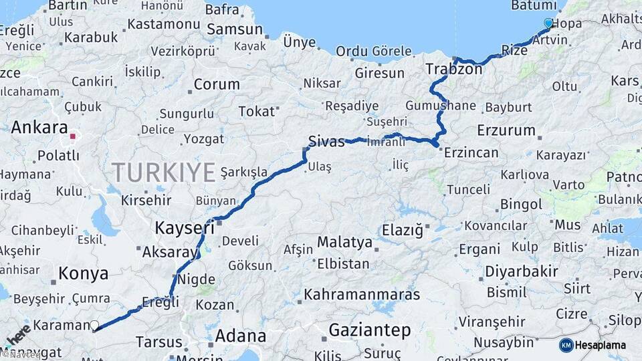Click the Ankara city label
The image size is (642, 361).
coord(39,128)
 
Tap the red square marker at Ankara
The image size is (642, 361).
coord(72,136)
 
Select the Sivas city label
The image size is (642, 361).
coord(326,141)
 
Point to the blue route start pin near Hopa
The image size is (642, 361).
coord(548,23)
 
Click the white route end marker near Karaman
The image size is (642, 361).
coord(94,326)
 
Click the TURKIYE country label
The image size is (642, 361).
coord(163,172)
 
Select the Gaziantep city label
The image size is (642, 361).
coord(369,330)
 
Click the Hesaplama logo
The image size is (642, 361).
coord(593,345)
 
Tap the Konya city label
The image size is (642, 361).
coord(83,273)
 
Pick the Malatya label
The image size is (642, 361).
coord(344,242)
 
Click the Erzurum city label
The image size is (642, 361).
coord(506,130)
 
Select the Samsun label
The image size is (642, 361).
coord(235,29)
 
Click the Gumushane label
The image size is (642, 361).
coord(440,106)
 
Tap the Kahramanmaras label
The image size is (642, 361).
coord(362,294)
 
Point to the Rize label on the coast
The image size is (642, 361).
coord(514,50)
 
